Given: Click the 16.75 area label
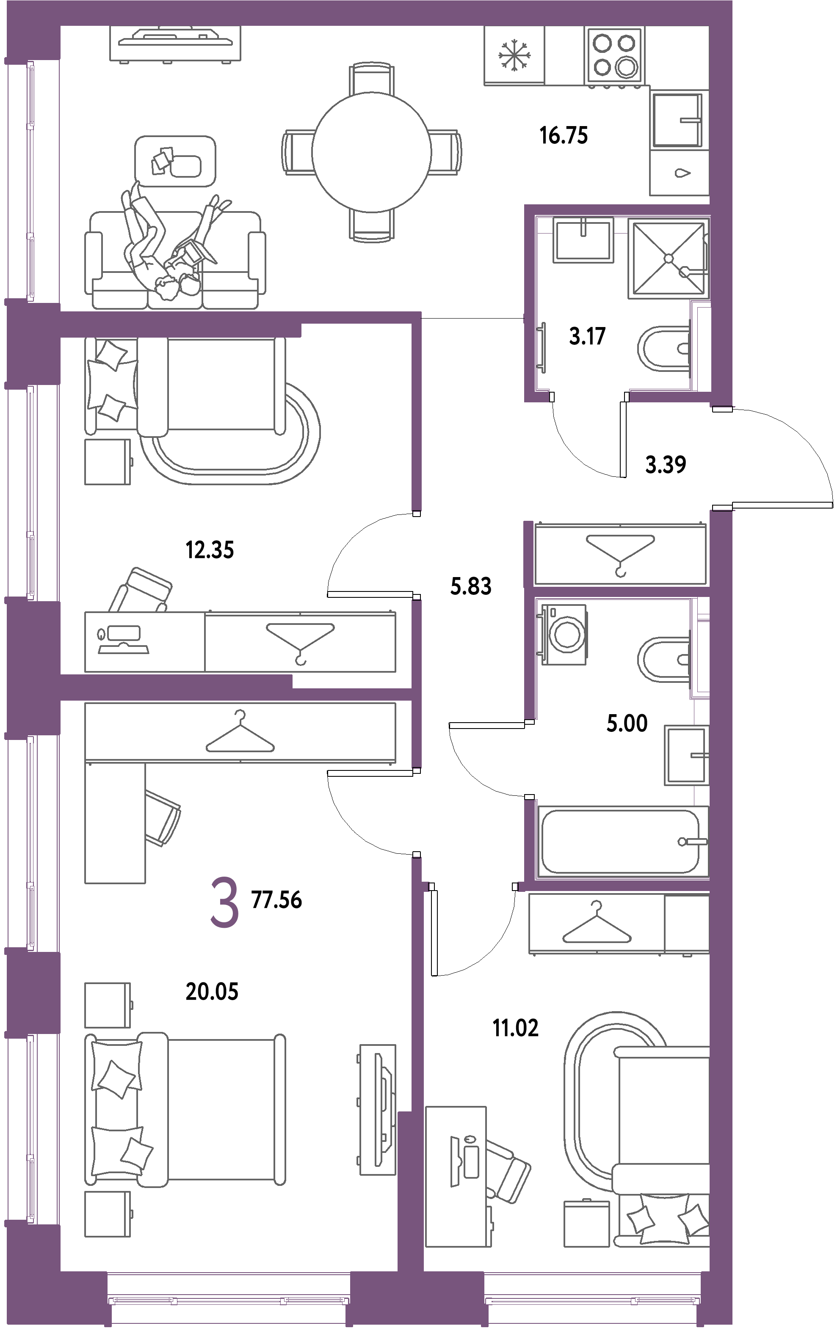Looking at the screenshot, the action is coord(564,135).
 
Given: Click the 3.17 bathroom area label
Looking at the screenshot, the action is coord(587,336).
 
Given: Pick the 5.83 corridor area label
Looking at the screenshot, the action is coord(471,586).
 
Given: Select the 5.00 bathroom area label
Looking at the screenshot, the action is coord(627,723).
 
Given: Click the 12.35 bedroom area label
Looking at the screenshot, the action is coord(210,550).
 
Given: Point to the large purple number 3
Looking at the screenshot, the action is coord(224,904).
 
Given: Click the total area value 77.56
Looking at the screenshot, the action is coord(276,900).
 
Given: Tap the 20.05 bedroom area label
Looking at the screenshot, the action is coord(212,992).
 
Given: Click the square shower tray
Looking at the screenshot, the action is coord(668,258).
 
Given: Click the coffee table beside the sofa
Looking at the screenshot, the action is coord(175,161).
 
